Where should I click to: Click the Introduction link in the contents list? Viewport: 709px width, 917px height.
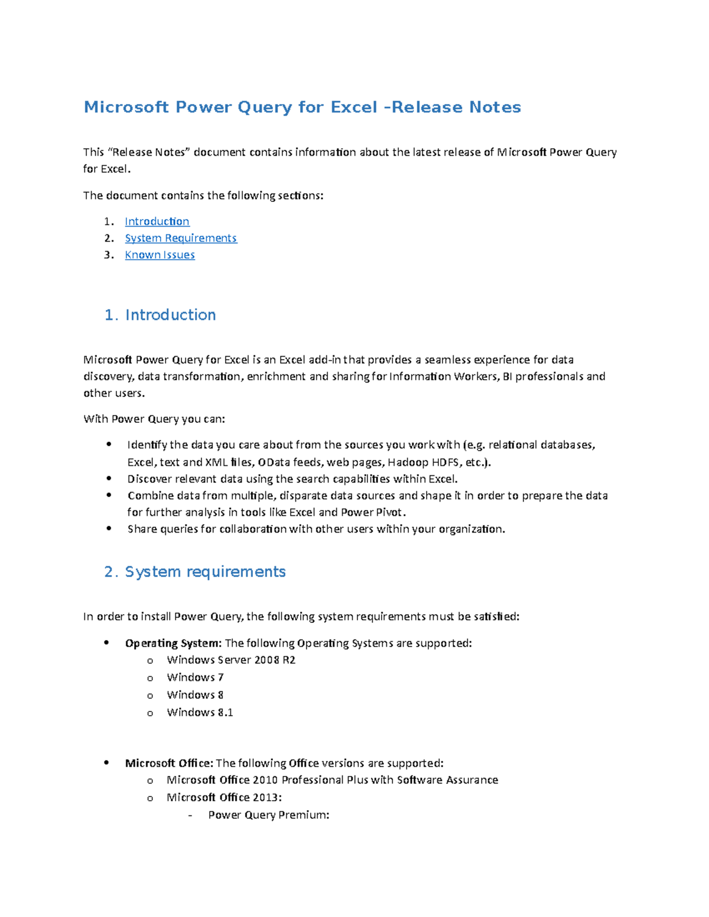tap(157, 221)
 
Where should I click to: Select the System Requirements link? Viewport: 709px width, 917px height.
tap(180, 238)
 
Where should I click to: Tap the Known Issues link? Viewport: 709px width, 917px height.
tap(160, 254)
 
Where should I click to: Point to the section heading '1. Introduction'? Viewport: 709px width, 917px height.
tap(160, 315)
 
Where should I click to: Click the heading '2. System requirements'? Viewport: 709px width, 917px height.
tap(195, 572)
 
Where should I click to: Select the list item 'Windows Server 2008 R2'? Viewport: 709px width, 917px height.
tap(231, 660)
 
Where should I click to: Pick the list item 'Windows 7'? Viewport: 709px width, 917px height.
tap(195, 677)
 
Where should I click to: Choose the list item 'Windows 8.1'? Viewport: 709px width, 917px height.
tap(200, 712)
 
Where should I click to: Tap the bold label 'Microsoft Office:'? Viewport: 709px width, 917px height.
tap(169, 763)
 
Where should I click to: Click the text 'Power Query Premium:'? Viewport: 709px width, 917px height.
tap(268, 815)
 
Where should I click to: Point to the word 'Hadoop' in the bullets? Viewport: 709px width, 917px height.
tap(408, 462)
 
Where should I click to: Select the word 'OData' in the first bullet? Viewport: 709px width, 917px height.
tap(274, 462)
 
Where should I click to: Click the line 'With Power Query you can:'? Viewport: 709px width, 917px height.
tap(154, 419)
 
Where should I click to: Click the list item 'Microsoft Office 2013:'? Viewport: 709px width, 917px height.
tap(224, 797)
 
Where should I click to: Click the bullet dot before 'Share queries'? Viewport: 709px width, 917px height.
tap(109, 528)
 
